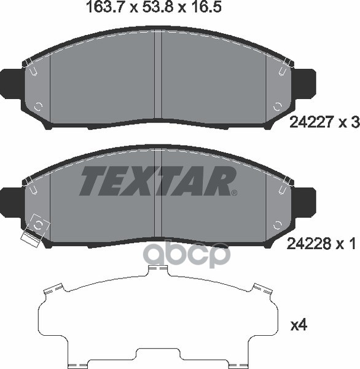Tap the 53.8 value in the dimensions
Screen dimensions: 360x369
point(158,7)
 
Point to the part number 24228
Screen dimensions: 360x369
point(310,244)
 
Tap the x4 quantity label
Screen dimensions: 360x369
point(299,325)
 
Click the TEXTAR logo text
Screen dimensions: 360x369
point(157,181)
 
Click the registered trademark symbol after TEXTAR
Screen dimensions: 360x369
point(235,193)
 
